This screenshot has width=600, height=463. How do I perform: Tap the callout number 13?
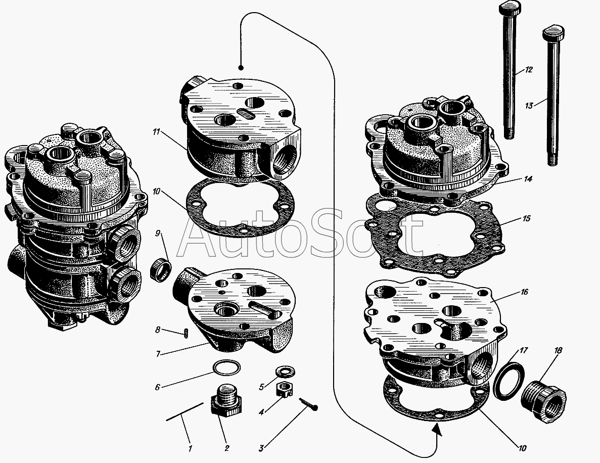pos(529,105)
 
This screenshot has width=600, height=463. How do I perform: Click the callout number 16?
pos(524,292)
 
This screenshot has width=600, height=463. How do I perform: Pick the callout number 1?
pos(190,448)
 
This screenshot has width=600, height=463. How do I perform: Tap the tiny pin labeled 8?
pos(186,333)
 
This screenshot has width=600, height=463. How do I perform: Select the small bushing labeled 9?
pos(161,269)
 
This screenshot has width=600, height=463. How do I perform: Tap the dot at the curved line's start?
pos(241,68)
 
